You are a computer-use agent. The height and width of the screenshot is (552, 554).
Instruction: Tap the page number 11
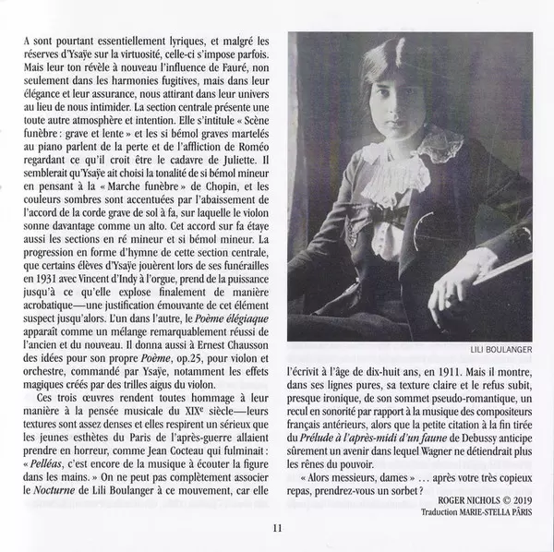[276, 528]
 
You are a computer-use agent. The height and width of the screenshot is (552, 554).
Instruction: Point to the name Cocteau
[191, 451]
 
